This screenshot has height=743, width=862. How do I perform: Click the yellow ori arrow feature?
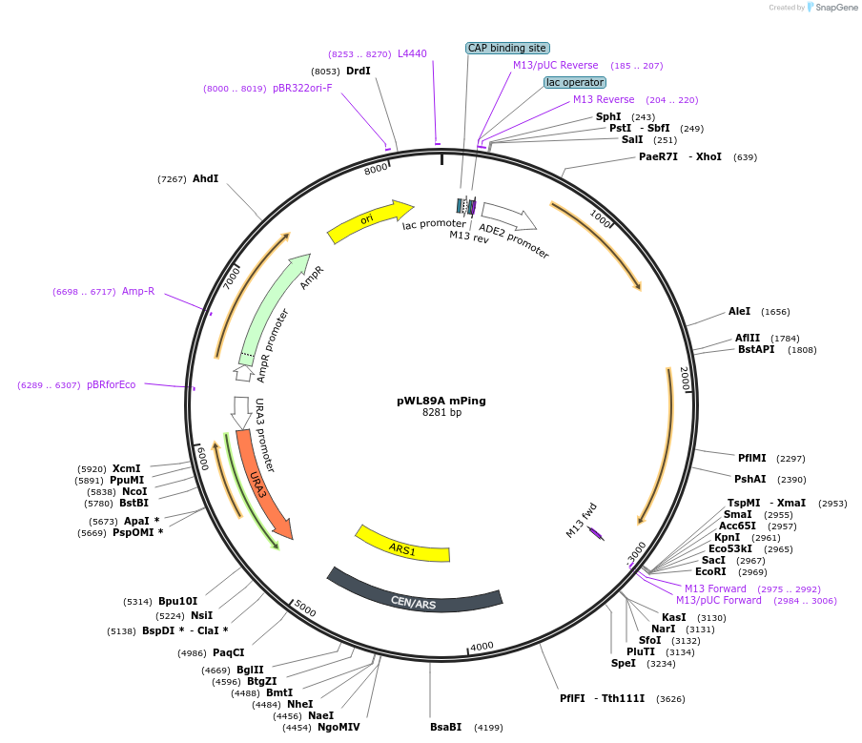pos(368,221)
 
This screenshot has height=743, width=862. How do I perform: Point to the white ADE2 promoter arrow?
pos(508,217)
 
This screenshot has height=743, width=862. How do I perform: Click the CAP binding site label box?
pos(507,48)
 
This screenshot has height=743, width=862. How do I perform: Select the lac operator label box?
pos(574,82)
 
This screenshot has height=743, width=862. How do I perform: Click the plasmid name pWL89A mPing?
pos(441,401)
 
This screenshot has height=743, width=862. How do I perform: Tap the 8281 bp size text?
pos(441,413)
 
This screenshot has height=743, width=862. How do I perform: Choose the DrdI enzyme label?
pos(359,71)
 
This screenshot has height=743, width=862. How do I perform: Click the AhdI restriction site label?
pos(205,178)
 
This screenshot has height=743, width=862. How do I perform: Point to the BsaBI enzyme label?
pos(445,727)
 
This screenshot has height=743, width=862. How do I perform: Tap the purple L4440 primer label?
pos(412,53)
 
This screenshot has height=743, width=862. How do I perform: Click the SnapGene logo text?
pos(835,8)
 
